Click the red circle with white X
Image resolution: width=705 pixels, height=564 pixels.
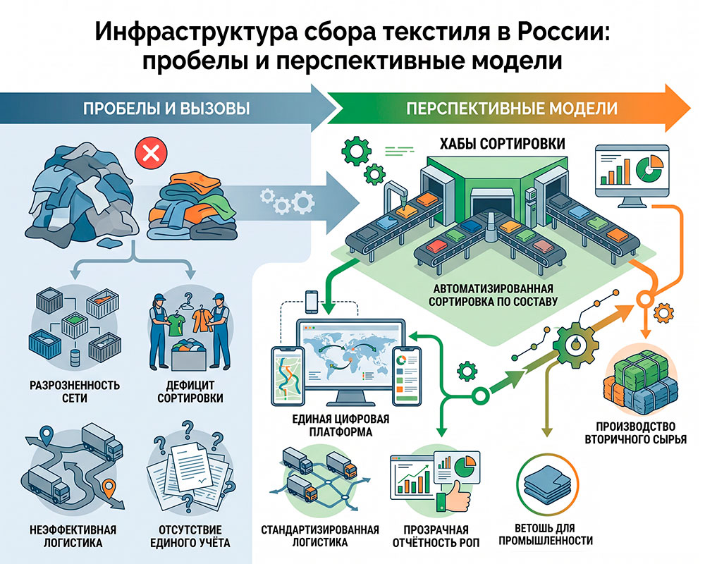[151, 154]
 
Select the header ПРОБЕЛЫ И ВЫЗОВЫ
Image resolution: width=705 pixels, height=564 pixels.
[166, 109]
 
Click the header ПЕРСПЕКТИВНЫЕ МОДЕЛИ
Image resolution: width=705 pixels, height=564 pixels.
[512, 109]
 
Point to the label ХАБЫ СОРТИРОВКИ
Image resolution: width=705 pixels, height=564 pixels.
[502, 144]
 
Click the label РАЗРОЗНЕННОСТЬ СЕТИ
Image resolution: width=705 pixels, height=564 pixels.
[75, 391]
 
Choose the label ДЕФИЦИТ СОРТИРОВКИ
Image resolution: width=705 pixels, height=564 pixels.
[190, 391]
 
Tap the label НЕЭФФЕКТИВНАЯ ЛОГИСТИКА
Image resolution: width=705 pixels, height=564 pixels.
[73, 536]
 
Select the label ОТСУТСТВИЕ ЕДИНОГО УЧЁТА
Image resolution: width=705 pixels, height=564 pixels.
[190, 536]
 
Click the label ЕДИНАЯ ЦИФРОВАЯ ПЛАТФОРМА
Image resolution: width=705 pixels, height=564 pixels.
[341, 426]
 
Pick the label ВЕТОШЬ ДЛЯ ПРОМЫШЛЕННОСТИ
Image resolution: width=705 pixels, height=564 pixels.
[546, 534]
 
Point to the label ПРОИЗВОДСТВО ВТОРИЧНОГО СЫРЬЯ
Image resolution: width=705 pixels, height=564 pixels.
[635, 433]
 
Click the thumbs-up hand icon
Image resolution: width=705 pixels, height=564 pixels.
[453, 496]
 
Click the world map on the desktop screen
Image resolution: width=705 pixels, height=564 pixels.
[345, 355]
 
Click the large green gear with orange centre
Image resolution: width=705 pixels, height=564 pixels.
[575, 344]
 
